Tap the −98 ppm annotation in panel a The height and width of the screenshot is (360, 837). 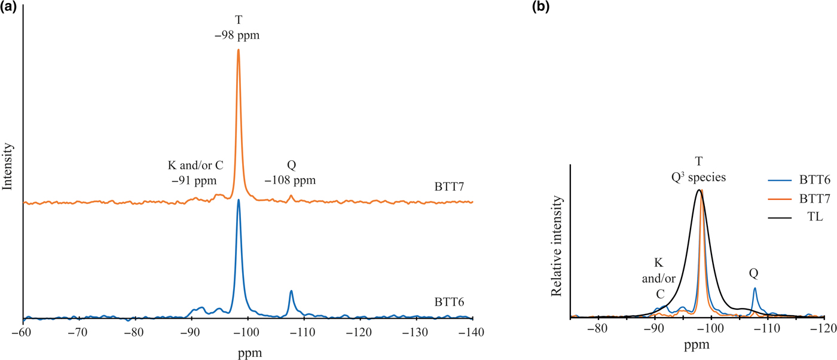(x=238, y=37)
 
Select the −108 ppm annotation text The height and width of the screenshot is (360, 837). (x=290, y=179)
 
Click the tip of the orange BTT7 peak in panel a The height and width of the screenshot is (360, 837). (x=239, y=50)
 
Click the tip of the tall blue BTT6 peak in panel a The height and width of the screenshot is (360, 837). (x=239, y=200)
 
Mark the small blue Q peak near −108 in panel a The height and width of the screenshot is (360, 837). (x=291, y=291)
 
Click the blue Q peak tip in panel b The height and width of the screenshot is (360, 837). (x=755, y=288)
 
